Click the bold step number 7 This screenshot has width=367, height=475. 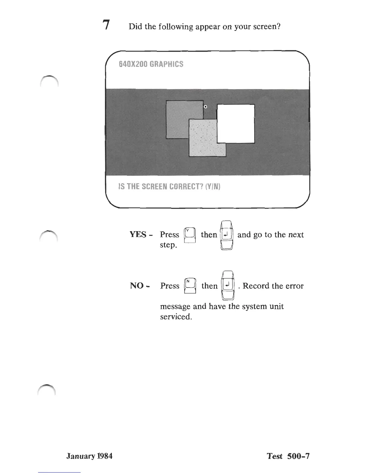(x=105, y=25)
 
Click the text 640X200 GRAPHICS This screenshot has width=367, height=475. (x=151, y=64)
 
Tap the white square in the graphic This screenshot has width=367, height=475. (x=236, y=124)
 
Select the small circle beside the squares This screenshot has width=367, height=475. (x=205, y=106)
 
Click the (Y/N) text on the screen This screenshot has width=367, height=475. (x=213, y=187)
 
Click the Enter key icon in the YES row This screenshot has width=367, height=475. (x=226, y=235)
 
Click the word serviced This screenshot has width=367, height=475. (x=176, y=317)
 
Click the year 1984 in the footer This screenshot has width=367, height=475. (x=105, y=456)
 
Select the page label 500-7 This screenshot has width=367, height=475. (x=298, y=456)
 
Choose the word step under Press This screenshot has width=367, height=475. (x=168, y=245)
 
